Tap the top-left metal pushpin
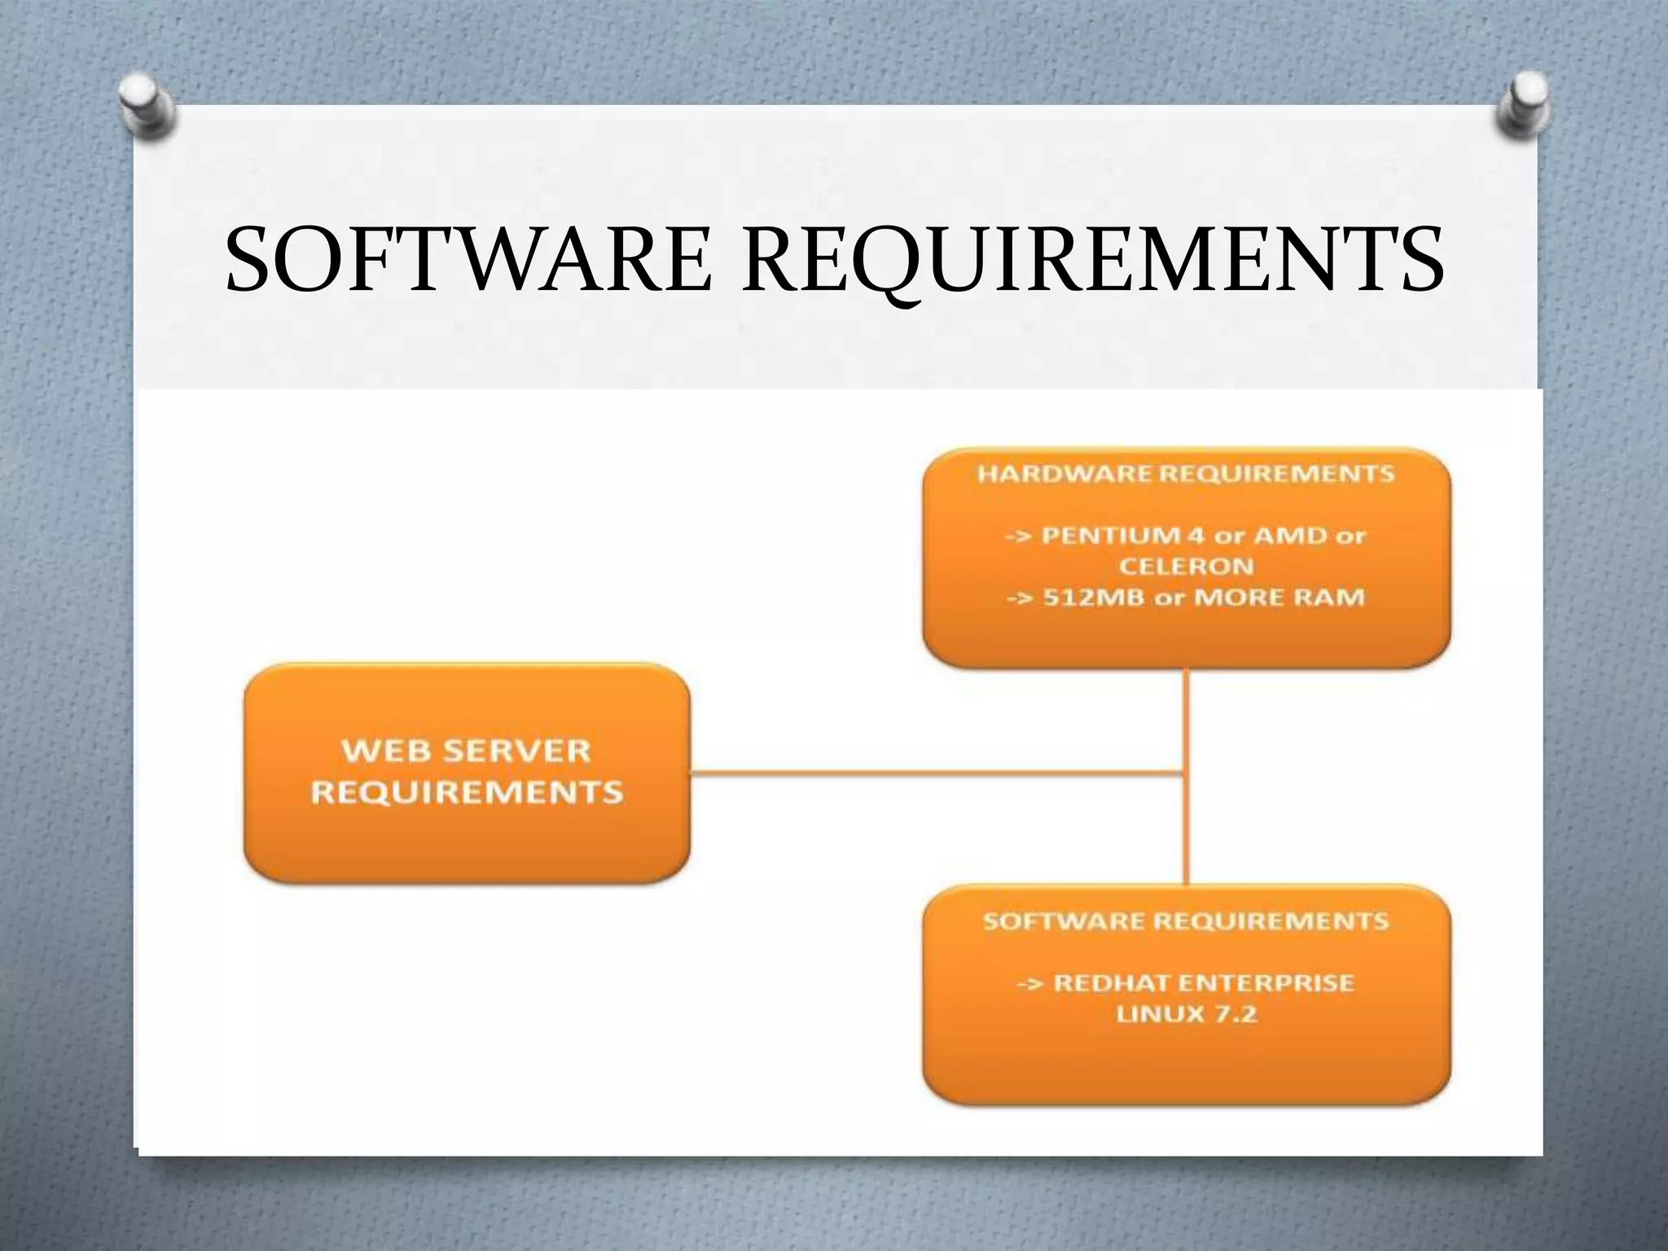[x=147, y=111]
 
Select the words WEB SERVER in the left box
[x=466, y=751]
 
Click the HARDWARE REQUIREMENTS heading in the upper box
[x=1186, y=474]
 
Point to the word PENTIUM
[x=1113, y=536]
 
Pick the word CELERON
[x=1186, y=566]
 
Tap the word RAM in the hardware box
[x=1333, y=597]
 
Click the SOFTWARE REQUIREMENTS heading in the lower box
[x=1186, y=921]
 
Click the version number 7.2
[x=1236, y=1014]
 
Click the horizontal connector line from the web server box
[x=937, y=773]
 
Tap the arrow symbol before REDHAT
[x=1030, y=984]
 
